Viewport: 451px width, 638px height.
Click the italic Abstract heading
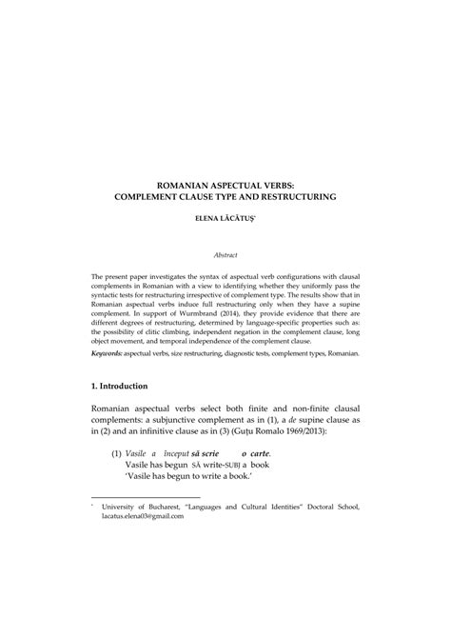[x=225, y=254]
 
